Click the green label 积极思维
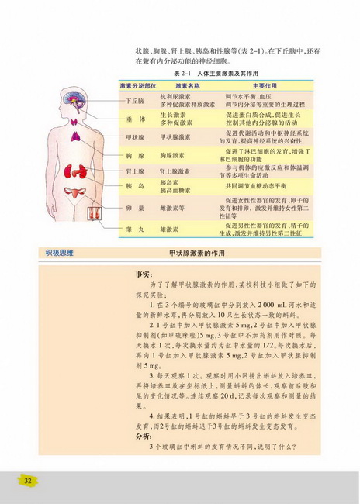[61, 253]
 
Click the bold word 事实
[143, 274]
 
